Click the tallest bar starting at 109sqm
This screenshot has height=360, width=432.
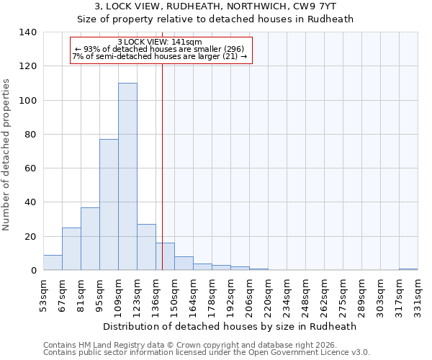pos(127,176)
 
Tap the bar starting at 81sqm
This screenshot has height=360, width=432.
pos(90,238)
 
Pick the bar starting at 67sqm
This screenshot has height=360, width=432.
pos(71,248)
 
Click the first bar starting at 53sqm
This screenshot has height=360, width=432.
pos(53,262)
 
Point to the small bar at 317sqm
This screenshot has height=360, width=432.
pos(408,269)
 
